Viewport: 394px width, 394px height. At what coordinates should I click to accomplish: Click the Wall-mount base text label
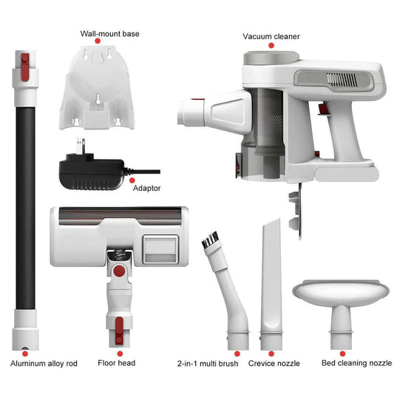[x=109, y=34]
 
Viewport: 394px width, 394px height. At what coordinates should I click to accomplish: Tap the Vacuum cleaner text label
[x=271, y=35]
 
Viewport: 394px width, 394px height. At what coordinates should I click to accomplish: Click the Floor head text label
[x=116, y=363]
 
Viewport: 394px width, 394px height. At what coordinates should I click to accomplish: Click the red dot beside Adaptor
[x=132, y=179]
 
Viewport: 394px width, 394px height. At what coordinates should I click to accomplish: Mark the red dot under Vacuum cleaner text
[x=271, y=46]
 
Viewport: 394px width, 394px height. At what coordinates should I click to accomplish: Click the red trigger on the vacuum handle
[x=323, y=109]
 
